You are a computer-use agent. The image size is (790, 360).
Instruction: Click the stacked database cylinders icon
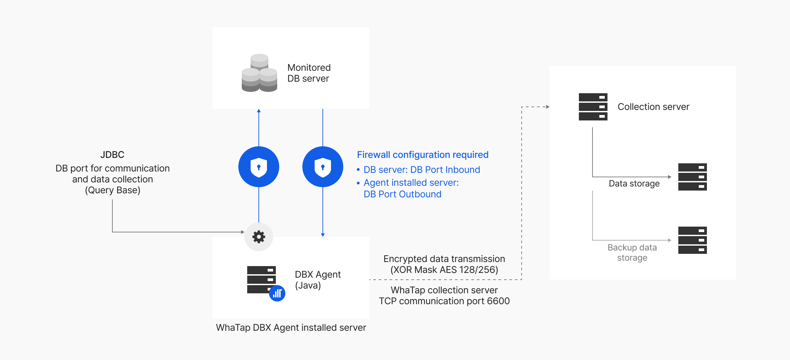coord(259,73)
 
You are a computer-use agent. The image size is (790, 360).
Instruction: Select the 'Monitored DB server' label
coord(309,73)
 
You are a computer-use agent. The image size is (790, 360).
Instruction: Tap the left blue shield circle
coord(259,167)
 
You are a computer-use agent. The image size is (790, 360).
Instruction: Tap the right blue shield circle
coord(323,167)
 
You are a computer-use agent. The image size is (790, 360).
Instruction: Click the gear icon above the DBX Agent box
coord(259,237)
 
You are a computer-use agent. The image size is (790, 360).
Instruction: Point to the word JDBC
coord(112,155)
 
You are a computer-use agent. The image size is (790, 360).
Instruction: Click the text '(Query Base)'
coord(112,190)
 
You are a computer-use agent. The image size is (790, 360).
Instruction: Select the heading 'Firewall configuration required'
coord(423,155)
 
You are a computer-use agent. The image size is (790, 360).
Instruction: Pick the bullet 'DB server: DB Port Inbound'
coord(422,170)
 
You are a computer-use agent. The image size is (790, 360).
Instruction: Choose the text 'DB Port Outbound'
coord(402,194)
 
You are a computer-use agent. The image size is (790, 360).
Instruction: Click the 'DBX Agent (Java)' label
coord(317,280)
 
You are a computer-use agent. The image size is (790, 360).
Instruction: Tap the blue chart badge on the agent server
coord(277,293)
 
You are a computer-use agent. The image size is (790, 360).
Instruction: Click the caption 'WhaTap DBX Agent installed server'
coord(291,328)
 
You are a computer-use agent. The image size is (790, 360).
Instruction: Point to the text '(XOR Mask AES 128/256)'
coord(444,270)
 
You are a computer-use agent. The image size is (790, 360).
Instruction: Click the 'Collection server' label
coord(653,107)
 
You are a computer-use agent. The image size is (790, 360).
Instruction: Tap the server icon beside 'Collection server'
coord(593,107)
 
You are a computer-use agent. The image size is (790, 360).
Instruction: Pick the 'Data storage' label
coord(634,184)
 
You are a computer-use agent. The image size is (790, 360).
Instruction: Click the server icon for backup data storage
coord(692,240)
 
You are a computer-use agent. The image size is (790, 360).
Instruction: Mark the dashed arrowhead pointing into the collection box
coord(548,107)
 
